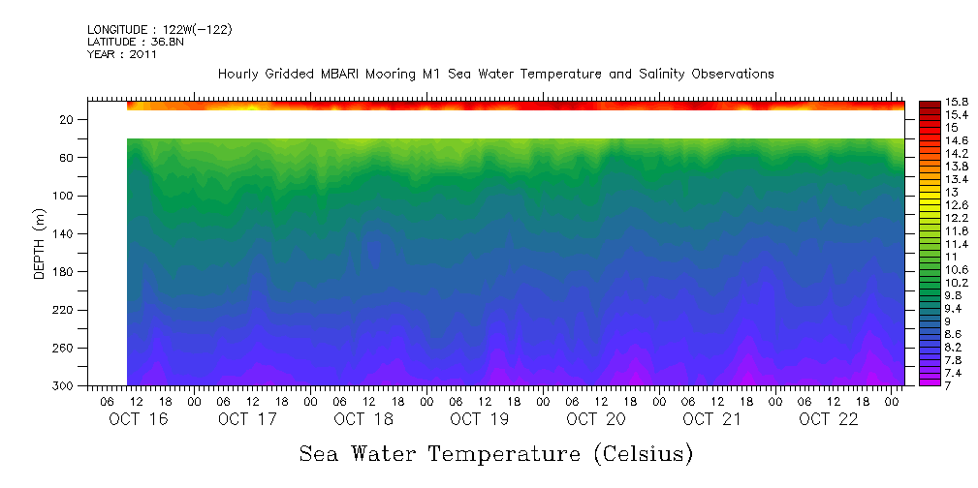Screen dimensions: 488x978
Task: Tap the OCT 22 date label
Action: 828,419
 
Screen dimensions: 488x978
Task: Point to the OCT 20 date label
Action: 595,419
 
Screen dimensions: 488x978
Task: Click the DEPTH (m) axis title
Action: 40,243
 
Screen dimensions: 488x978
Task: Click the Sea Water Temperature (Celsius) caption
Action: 496,453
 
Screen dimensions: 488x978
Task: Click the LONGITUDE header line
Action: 159,29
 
